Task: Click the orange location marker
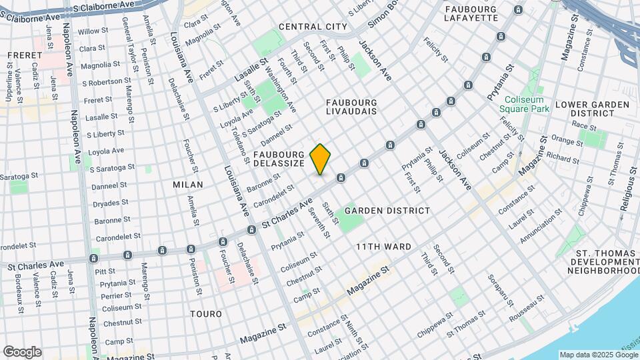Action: click(321, 159)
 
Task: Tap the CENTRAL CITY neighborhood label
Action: click(313, 27)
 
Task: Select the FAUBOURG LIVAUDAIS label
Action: click(351, 107)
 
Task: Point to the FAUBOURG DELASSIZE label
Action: click(279, 159)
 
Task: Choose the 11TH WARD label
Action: click(383, 247)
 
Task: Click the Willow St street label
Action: click(93, 31)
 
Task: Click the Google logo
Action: click(22, 352)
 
